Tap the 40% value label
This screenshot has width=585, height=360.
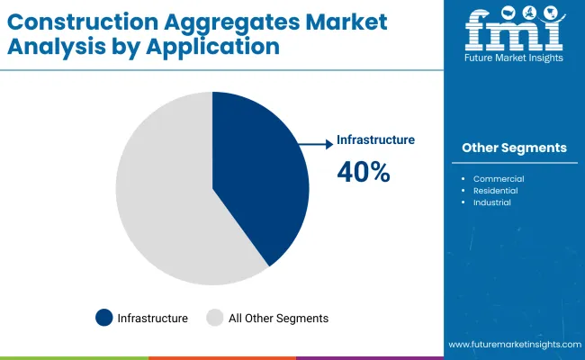363,172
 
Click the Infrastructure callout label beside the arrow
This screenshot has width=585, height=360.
375,140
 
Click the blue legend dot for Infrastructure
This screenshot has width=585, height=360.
104,318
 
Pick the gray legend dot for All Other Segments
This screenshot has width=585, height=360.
215,318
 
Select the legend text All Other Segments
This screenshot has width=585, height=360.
278,319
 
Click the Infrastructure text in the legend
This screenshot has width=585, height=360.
152,319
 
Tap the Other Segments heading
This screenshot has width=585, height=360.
514,148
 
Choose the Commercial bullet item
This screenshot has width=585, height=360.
498,179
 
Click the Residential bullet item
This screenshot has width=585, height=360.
498,191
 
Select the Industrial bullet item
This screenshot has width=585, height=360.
491,202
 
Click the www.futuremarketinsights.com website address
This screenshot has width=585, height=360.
512,345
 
